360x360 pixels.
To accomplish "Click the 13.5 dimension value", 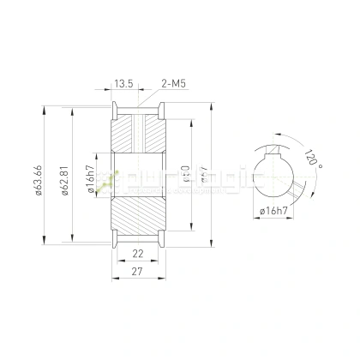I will (x=123, y=84).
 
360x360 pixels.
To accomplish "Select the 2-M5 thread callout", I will (x=174, y=84).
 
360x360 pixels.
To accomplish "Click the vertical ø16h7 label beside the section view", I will (x=90, y=177).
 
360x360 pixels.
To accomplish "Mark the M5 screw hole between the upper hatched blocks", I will (x=137, y=133).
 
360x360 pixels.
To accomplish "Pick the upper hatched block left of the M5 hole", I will (x=123, y=133).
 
